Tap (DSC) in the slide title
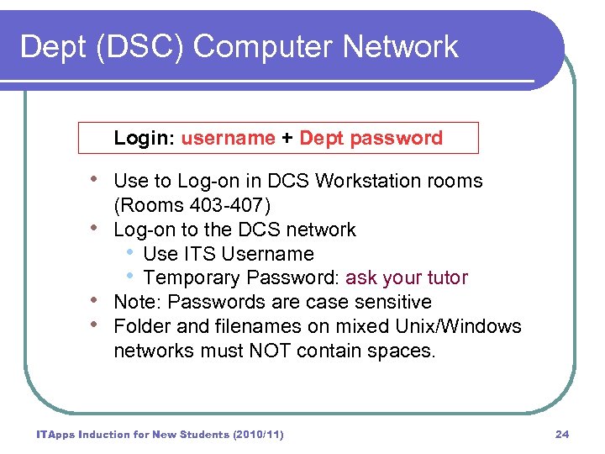(129, 47)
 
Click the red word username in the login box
(228, 138)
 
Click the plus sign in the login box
(287, 138)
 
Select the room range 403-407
(230, 205)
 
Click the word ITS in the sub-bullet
(191, 254)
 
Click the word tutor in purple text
(445, 277)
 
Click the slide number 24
(562, 434)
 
